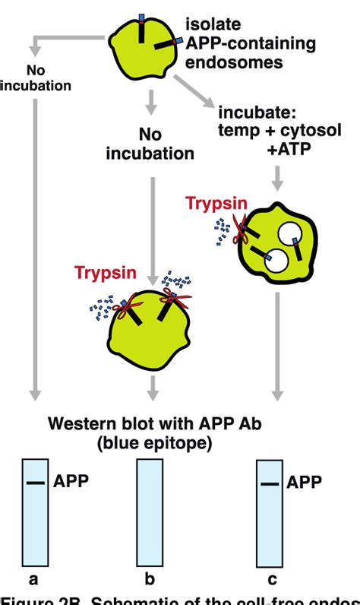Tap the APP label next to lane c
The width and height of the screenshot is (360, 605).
[304, 482]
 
